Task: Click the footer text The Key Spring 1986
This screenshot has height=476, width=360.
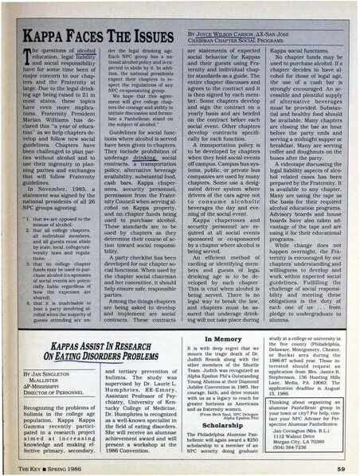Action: click(x=53, y=469)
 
